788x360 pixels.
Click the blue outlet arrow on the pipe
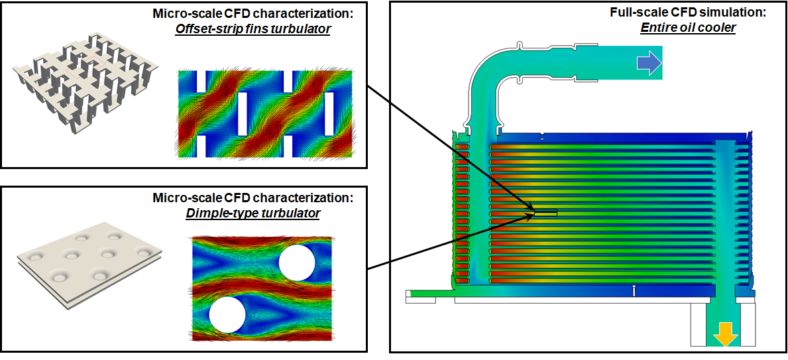click(x=649, y=63)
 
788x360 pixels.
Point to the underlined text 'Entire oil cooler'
click(x=688, y=28)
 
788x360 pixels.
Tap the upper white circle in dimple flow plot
click(x=296, y=263)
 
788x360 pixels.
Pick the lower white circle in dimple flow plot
click(x=227, y=315)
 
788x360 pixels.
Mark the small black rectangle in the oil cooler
click(x=546, y=213)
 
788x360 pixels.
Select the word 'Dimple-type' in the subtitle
click(x=213, y=213)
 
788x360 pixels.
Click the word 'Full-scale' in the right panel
click(x=634, y=13)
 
